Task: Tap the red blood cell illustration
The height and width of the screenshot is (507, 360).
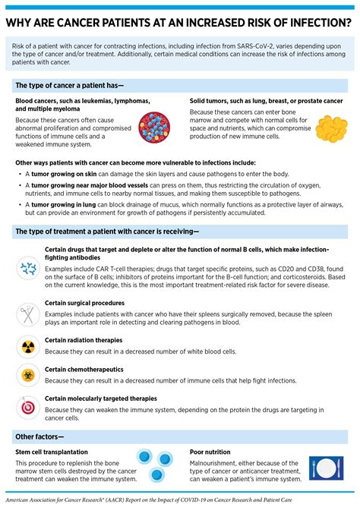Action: coord(155,125)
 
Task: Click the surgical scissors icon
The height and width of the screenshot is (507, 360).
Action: coord(29,312)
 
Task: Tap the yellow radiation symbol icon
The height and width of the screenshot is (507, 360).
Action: coord(29,346)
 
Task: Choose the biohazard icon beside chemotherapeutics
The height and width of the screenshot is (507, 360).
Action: coord(29,375)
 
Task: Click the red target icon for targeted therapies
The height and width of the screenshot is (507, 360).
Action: coord(29,406)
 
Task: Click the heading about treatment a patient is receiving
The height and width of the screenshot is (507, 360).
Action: coord(106,231)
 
